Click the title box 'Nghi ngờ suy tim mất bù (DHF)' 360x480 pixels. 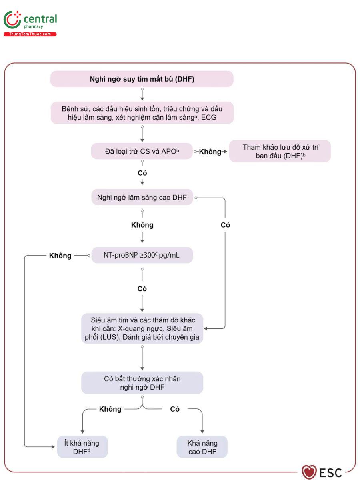tap(142, 79)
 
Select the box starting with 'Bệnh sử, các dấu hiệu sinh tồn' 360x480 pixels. tap(142, 113)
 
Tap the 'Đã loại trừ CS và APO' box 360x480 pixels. tap(142, 151)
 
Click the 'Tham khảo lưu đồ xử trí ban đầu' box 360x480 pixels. tap(280, 151)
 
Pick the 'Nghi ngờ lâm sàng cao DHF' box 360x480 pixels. tap(142, 197)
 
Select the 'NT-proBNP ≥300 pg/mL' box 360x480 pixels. tap(142, 255)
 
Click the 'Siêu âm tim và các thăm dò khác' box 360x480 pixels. tap(142, 328)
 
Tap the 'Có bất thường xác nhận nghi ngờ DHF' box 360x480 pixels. tap(142, 383)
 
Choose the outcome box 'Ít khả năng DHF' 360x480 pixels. tap(82, 447)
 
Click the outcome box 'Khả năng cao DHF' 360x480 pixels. tap(202, 447)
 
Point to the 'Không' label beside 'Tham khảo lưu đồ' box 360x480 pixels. tap(210, 152)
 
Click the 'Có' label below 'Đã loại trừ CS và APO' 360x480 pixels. tap(142, 173)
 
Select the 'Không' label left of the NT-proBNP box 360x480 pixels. tap(60, 256)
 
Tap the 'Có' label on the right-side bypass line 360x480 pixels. tap(225, 225)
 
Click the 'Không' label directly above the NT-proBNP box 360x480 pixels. tap(142, 225)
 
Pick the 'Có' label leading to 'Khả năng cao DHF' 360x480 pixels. tap(175, 409)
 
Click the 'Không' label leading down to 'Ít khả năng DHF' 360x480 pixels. tap(110, 409)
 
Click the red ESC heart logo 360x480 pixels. tap(309, 472)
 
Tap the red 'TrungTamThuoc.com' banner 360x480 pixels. tap(30, 34)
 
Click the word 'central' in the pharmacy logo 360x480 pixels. tap(40, 19)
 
